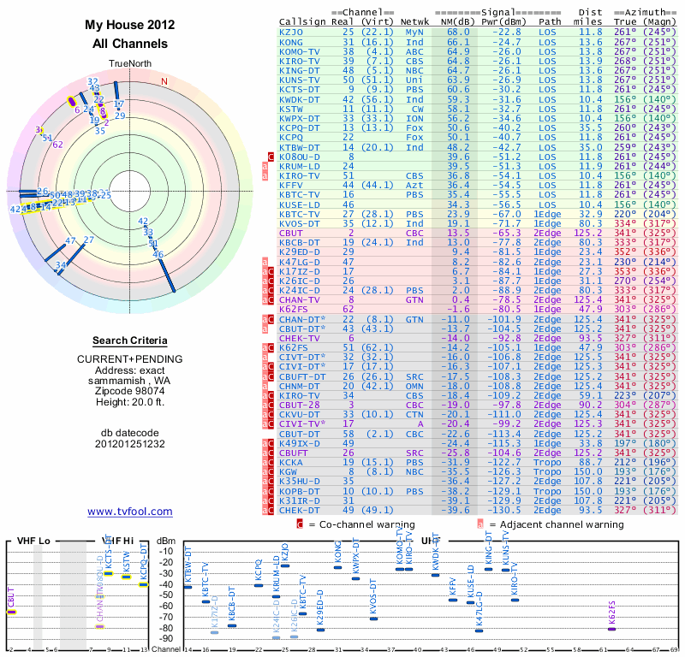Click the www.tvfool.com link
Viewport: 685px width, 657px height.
tap(130, 512)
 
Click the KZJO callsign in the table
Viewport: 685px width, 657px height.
tap(291, 32)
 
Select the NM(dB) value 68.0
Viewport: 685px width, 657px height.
tap(457, 32)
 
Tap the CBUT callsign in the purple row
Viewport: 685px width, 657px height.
tap(291, 233)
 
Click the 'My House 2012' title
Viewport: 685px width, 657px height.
tap(130, 25)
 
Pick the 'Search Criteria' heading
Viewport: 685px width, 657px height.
tap(130, 340)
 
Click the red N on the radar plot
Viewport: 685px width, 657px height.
tap(164, 82)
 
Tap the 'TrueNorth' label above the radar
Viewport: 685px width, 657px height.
tap(130, 62)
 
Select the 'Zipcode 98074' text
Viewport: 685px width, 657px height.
tap(130, 390)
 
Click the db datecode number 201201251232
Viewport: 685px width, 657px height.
tap(130, 444)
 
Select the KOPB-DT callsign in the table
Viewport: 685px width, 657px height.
tap(299, 491)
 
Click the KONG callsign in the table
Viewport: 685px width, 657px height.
tap(291, 41)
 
